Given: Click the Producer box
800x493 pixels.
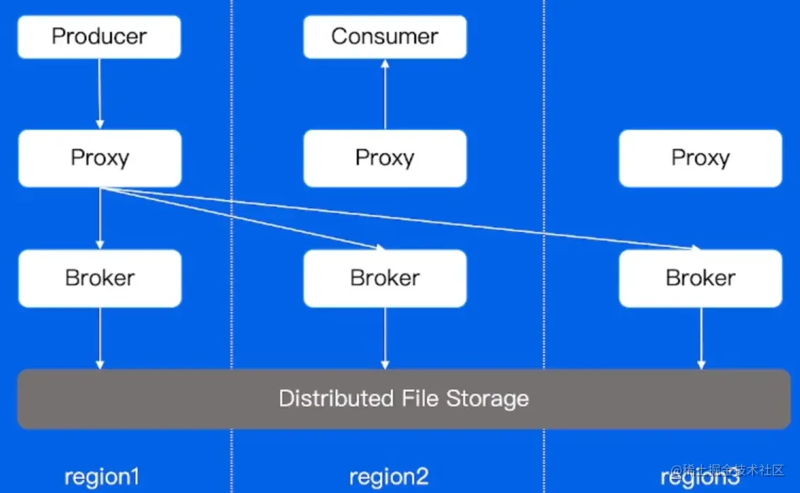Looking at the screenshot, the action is pyautogui.click(x=99, y=37).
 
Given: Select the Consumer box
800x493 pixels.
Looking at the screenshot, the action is pyautogui.click(x=384, y=37).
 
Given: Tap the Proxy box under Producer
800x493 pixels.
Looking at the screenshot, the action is pyautogui.click(x=100, y=158).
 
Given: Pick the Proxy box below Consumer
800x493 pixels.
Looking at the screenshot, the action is pyautogui.click(x=384, y=158).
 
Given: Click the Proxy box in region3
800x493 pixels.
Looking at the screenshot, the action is pyautogui.click(x=701, y=158).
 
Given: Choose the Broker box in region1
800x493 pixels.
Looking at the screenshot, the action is pyautogui.click(x=100, y=279).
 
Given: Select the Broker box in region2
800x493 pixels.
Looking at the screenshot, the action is pyautogui.click(x=384, y=279).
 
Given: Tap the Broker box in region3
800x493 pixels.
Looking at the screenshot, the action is pyautogui.click(x=701, y=279).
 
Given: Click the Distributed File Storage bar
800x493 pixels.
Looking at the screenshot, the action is pyautogui.click(x=404, y=399).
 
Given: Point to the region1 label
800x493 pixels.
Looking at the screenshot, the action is pyautogui.click(x=101, y=477).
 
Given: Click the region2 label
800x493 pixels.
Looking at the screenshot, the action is pyautogui.click(x=389, y=477).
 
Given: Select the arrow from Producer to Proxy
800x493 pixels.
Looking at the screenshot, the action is pyautogui.click(x=99, y=94).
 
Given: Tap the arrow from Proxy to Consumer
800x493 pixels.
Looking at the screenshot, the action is pyautogui.click(x=385, y=94).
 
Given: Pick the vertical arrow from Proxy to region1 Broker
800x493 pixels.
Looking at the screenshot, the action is pyautogui.click(x=100, y=218).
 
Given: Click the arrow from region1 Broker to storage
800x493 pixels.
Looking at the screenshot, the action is pyautogui.click(x=100, y=338).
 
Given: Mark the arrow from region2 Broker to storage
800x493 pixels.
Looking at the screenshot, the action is pyautogui.click(x=385, y=338).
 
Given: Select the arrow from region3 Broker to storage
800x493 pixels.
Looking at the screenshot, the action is pyautogui.click(x=701, y=338).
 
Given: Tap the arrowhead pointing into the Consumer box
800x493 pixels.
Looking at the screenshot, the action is pyautogui.click(x=385, y=64).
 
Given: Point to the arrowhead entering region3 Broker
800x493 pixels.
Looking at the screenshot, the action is pyautogui.click(x=696, y=248).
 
